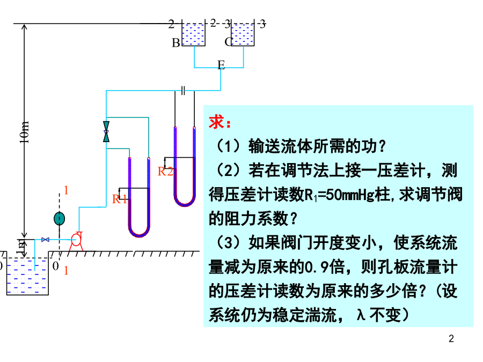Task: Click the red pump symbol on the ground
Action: (x=76, y=240)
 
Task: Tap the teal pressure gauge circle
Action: (x=59, y=218)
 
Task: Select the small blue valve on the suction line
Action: (x=46, y=240)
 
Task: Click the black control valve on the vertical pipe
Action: (x=106, y=132)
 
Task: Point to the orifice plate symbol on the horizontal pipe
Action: (x=183, y=90)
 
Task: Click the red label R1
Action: (x=120, y=200)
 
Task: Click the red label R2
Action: (x=165, y=172)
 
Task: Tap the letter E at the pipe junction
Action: (x=221, y=65)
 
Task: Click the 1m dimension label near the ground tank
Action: (x=22, y=245)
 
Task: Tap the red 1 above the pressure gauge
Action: (x=66, y=190)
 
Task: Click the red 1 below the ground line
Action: (x=66, y=271)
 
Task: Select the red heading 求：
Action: (x=221, y=123)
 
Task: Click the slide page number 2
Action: (x=451, y=339)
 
